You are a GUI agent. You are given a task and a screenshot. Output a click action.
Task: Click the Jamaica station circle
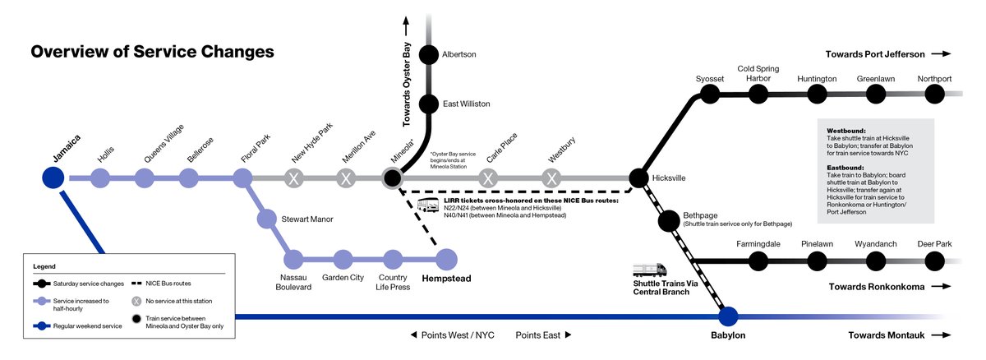point(53,178)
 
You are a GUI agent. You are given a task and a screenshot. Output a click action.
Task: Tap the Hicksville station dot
point(638,178)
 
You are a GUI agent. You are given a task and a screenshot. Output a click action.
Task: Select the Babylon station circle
point(728,316)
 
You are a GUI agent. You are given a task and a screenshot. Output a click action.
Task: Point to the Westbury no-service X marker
point(551,178)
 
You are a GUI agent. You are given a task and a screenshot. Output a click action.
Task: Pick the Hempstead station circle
point(445,260)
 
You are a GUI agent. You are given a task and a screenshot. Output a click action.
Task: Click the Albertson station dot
point(428,54)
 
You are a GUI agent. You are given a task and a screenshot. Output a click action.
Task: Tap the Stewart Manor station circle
point(266,219)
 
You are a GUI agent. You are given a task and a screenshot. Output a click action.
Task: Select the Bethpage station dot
point(668,220)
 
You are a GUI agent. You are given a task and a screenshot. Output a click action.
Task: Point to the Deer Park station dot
point(935,261)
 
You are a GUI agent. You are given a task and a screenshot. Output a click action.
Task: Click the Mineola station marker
point(392,178)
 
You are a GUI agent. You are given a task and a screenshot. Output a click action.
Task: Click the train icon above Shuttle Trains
point(649,270)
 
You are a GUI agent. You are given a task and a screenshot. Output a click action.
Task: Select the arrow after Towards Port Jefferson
point(942,54)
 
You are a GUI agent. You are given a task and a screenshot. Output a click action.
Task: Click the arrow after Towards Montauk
point(942,335)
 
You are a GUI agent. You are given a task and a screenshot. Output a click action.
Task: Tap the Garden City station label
point(343,278)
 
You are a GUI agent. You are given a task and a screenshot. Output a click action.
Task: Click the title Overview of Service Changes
point(152,52)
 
